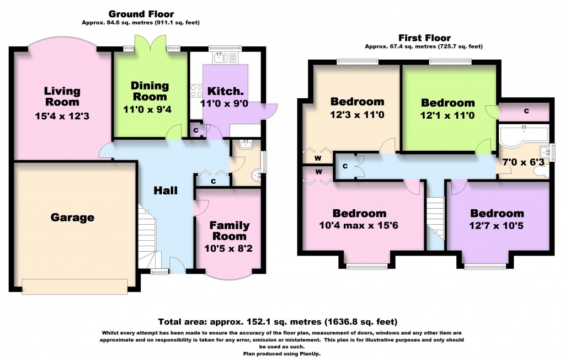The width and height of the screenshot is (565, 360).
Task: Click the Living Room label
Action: click(x=62, y=96)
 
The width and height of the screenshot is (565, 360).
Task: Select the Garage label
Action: click(x=72, y=218)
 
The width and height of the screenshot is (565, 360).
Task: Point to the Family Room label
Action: click(x=229, y=231)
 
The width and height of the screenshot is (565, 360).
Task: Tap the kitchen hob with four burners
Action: click(x=195, y=91)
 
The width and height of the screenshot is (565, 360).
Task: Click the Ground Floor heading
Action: click(x=141, y=14)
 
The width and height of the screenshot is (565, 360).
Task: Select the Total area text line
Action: click(x=278, y=321)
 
